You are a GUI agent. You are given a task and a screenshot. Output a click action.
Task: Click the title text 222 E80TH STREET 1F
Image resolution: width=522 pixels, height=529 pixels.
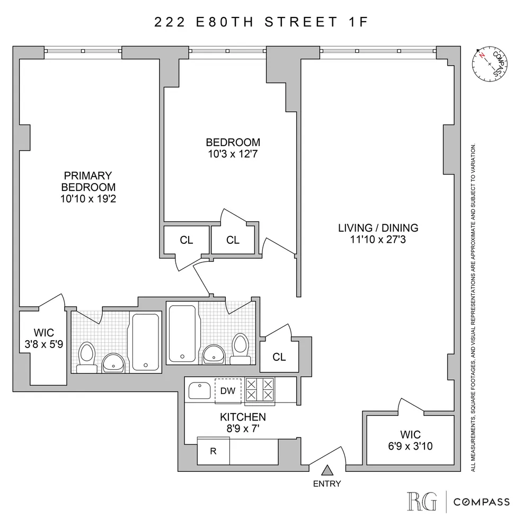click(x=261, y=22)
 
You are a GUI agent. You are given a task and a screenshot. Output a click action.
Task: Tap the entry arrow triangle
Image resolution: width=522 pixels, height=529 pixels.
click(x=328, y=469)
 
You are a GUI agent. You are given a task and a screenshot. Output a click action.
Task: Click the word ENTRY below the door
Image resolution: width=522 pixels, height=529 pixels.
click(x=328, y=484)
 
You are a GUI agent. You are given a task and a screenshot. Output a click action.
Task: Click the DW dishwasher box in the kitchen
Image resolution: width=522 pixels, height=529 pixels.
click(x=228, y=390)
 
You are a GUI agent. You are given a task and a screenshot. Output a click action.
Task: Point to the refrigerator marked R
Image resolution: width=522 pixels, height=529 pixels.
click(x=213, y=451)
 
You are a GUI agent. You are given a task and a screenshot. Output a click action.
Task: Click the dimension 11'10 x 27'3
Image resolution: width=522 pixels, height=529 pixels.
click(x=378, y=240)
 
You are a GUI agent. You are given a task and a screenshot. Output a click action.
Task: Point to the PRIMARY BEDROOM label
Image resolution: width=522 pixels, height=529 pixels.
click(x=88, y=181)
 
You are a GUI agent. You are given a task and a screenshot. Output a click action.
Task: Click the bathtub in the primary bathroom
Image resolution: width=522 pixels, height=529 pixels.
click(x=145, y=342)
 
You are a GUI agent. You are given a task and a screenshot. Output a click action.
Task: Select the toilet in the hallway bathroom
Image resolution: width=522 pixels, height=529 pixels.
click(x=241, y=348)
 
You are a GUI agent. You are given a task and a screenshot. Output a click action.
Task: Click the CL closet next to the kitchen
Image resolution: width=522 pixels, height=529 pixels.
click(x=279, y=357)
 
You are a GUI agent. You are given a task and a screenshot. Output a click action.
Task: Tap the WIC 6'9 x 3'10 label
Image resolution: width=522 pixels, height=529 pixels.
click(x=410, y=440)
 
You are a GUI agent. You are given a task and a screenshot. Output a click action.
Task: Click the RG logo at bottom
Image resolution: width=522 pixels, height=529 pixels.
click(x=422, y=501)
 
